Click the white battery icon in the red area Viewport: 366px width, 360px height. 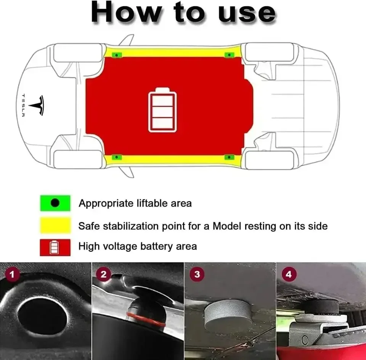click(x=163, y=110)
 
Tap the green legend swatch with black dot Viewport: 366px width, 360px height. click(x=55, y=203)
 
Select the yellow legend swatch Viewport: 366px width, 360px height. click(x=55, y=226)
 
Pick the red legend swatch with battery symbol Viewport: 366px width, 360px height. click(x=55, y=247)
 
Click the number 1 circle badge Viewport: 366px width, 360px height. click(x=13, y=274)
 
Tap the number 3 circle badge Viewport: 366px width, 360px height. click(x=197, y=274)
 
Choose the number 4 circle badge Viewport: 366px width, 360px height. click(x=289, y=274)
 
